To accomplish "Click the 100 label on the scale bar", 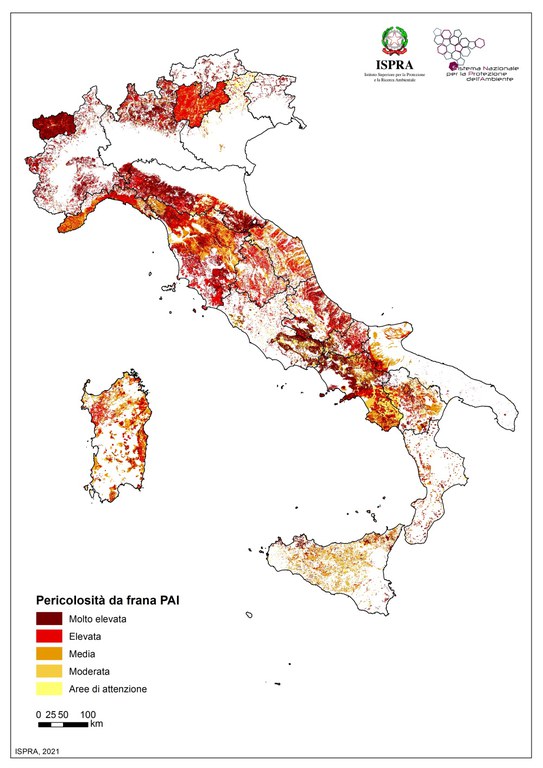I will click(x=88, y=714).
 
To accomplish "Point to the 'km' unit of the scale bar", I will click(x=96, y=723).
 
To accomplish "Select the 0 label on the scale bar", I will click(x=37, y=714).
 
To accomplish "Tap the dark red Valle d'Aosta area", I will click(x=55, y=125).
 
